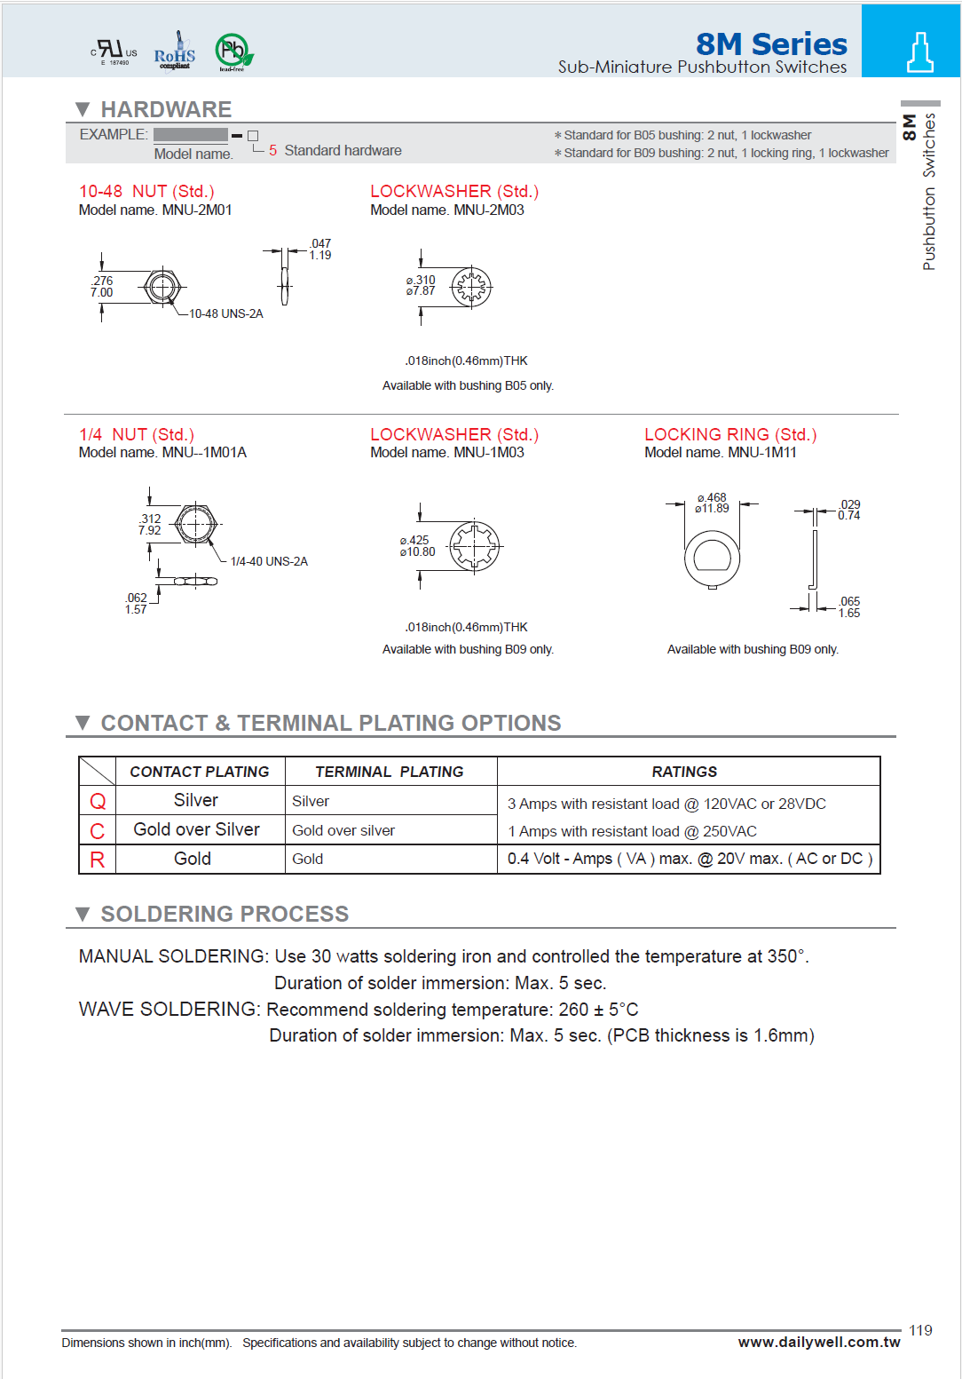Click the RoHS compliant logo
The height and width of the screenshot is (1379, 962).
coord(175,52)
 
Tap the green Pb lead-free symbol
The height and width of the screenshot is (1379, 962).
coord(233,52)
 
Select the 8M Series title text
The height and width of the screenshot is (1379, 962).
coord(770,44)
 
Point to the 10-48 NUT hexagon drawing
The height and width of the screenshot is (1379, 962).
coord(162,287)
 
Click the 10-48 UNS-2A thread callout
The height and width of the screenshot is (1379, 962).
coord(225,314)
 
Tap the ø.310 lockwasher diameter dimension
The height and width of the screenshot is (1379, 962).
coord(421,285)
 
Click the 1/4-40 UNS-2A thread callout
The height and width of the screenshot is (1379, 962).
coord(269,562)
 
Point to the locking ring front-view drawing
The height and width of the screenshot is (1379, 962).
coord(712,559)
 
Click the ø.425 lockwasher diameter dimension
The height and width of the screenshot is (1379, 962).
coord(417,546)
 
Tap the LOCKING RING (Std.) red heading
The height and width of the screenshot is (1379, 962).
coord(729,434)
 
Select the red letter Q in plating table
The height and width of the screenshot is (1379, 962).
coord(98,802)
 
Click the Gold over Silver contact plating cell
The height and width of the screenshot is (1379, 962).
coord(197,830)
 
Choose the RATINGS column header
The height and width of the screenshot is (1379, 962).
coord(684,773)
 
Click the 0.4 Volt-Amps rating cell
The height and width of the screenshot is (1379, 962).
coord(689,859)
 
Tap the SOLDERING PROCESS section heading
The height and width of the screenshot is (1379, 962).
coord(225,914)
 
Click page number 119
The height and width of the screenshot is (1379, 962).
coord(920,1330)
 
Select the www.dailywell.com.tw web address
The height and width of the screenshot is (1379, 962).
coord(818,1342)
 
